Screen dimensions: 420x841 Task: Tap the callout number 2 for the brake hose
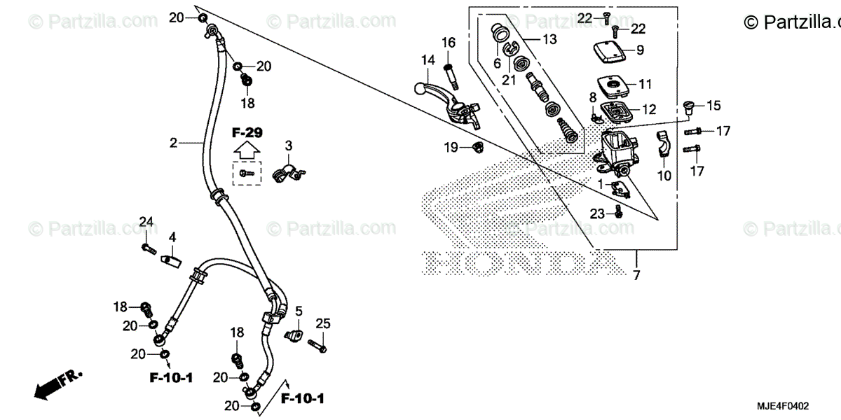point(172,143)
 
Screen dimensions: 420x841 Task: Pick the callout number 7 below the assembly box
point(636,275)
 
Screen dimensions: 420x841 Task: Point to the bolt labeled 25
point(317,343)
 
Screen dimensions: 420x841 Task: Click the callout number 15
point(713,106)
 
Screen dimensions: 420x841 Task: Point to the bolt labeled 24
point(147,246)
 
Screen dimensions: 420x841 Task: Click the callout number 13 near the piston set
point(549,40)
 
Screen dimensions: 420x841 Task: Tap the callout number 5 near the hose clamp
point(298,310)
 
